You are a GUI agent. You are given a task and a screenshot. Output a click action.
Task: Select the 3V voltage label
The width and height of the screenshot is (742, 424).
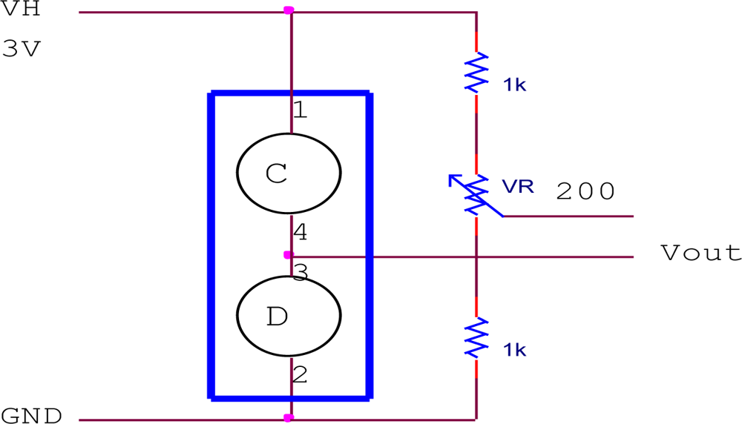pos(23,50)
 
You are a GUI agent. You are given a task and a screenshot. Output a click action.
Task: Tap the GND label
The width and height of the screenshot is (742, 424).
pos(32,416)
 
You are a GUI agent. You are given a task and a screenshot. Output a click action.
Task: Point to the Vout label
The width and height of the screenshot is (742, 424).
pos(700,254)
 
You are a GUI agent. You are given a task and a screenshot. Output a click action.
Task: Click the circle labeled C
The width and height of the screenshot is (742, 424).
pos(289,172)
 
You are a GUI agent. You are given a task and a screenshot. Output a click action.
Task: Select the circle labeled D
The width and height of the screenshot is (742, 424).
pos(289,316)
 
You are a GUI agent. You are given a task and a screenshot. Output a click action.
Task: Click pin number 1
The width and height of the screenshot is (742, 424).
pos(299,111)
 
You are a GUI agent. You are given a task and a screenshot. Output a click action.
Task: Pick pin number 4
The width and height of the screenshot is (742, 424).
pos(300,233)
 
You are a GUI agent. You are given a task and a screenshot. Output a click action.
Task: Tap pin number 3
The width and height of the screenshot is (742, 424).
pos(300,274)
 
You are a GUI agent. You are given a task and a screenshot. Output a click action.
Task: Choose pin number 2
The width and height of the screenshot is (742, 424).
pos(299,375)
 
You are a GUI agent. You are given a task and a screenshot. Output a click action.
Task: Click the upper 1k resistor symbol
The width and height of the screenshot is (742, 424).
pos(476,72)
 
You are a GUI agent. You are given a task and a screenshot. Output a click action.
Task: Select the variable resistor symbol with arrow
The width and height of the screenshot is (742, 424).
pos(475,193)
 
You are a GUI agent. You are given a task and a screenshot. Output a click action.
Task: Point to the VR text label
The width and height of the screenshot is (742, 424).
pos(517,187)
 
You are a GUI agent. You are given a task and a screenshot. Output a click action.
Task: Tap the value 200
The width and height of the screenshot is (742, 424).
pos(585,192)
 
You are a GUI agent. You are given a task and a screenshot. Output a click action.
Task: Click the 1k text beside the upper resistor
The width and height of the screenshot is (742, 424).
pos(514,85)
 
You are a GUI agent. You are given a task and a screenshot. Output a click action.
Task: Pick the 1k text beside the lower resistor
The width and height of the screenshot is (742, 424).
pos(514,350)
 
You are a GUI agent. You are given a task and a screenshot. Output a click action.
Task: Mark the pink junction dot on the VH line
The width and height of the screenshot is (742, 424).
pos(289,10)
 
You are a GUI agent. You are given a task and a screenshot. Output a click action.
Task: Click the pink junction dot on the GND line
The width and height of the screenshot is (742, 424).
pos(289,418)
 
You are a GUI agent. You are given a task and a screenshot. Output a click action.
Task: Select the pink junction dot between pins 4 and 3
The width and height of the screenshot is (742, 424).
pos(289,255)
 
